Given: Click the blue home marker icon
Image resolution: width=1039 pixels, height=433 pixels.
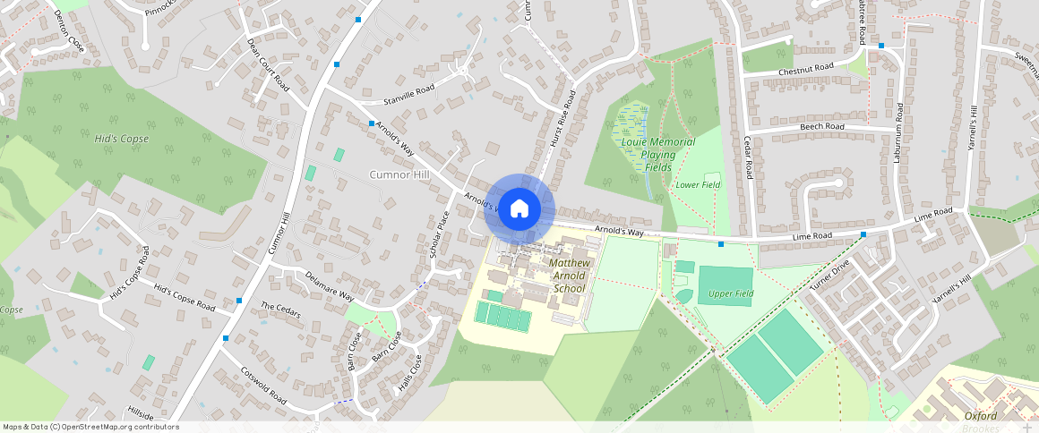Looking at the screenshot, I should [519, 208].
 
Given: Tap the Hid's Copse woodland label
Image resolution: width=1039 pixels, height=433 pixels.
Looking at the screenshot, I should [122, 139].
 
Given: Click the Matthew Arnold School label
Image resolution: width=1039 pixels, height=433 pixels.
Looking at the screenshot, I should [569, 276].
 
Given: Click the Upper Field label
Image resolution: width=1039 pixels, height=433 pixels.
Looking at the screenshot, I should [731, 293].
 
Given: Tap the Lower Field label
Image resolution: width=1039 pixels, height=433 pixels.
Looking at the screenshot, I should [698, 185].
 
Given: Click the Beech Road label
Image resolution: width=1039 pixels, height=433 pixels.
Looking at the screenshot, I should [822, 127].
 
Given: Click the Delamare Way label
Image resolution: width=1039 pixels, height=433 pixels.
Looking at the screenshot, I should [330, 285].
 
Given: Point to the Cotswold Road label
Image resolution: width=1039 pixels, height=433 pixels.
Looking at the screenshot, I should [262, 384].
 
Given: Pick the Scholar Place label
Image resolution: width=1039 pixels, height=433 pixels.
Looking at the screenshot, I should [438, 234].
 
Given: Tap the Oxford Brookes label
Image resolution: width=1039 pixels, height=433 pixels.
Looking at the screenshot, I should [982, 421].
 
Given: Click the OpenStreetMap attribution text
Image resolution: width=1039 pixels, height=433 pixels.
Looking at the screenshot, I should [91, 427].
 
